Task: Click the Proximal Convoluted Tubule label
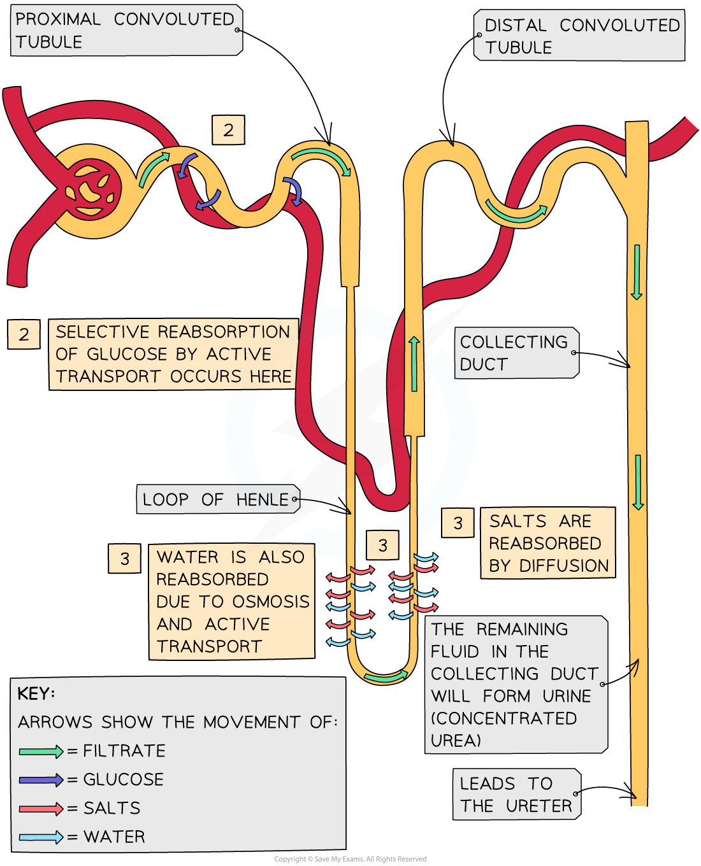[x=125, y=30]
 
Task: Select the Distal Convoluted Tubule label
[x=580, y=36]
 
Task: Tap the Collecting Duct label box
[x=515, y=353]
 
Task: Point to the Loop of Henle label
[x=217, y=500]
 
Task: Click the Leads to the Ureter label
[x=516, y=795]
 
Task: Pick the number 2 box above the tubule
[x=228, y=131]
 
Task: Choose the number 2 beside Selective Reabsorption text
[x=24, y=334]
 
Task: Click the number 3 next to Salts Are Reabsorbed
[x=458, y=523]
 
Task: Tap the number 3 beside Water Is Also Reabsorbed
[x=124, y=558]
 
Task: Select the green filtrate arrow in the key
[x=41, y=751]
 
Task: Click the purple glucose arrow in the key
[x=41, y=780]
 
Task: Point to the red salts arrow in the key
[x=41, y=809]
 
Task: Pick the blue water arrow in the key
[x=41, y=837]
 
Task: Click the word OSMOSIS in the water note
[x=271, y=602]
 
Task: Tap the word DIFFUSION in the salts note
[x=564, y=566]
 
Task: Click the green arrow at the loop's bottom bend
[x=386, y=677]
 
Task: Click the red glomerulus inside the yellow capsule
[x=92, y=191]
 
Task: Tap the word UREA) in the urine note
[x=456, y=741]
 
